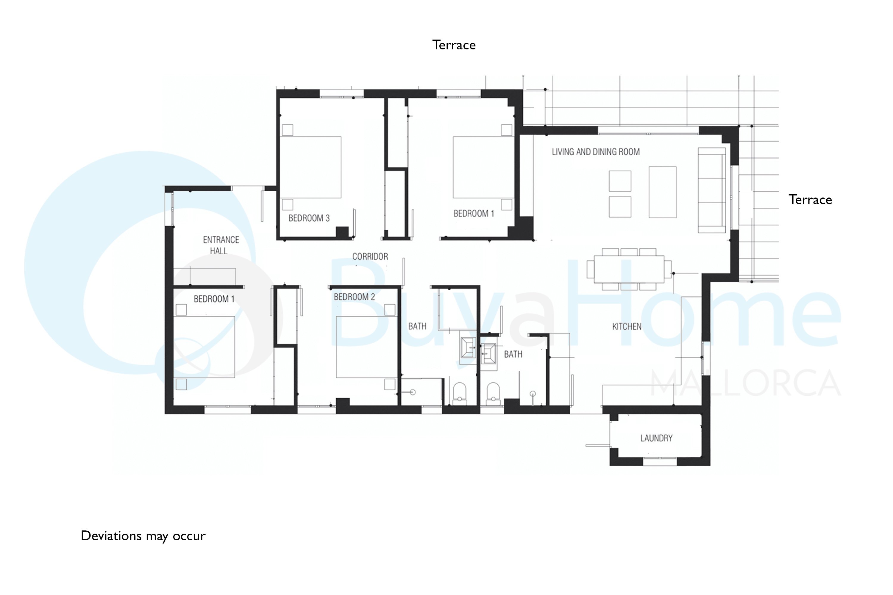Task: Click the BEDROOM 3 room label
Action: (x=309, y=218)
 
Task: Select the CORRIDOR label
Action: (x=370, y=256)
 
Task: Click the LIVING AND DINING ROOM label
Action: (x=596, y=152)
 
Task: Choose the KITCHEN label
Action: (x=627, y=326)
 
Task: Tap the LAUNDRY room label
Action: (x=656, y=438)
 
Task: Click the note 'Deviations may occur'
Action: (x=143, y=536)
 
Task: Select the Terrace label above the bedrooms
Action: (x=454, y=45)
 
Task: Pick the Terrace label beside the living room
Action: (x=810, y=200)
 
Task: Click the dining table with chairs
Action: (x=629, y=269)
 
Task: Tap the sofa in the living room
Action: (x=712, y=190)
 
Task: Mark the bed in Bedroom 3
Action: (x=310, y=167)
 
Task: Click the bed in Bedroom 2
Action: (x=366, y=347)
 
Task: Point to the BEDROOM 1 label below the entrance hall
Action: (x=214, y=299)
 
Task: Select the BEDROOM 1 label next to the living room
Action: (x=474, y=214)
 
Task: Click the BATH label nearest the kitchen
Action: (x=513, y=354)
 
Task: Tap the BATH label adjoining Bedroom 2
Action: (x=417, y=326)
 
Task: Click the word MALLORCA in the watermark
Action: (x=745, y=383)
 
